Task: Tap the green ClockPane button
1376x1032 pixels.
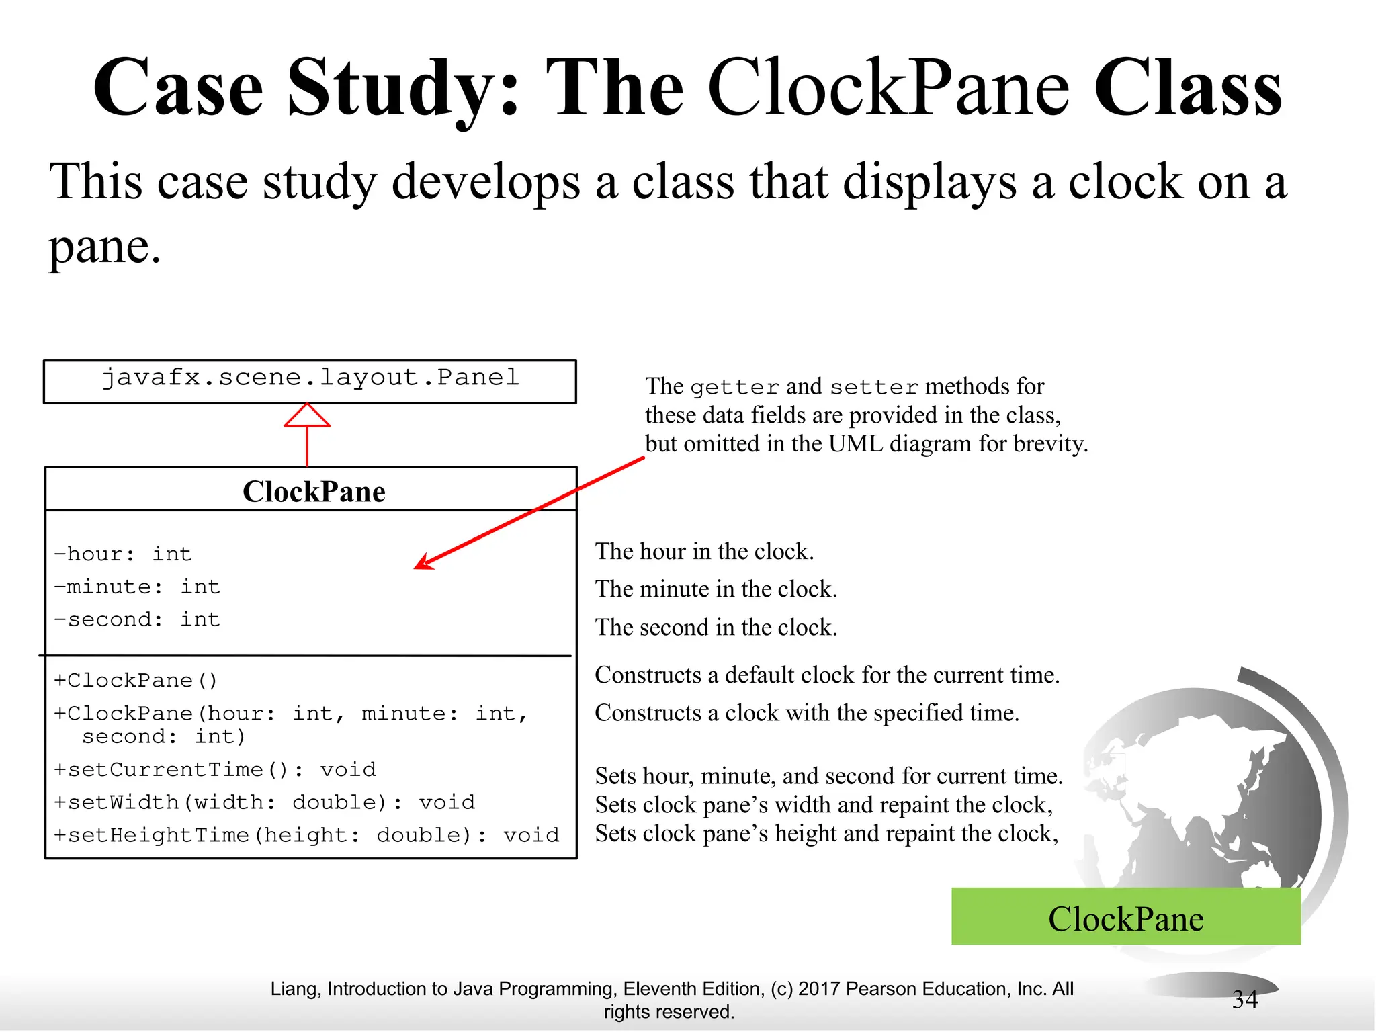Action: click(x=1125, y=917)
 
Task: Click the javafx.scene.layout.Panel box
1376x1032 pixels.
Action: click(x=310, y=381)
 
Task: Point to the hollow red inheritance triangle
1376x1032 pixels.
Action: click(x=307, y=416)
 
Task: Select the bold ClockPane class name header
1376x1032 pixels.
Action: click(x=314, y=492)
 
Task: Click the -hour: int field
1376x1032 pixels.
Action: click(x=123, y=554)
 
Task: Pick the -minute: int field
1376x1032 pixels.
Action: click(x=137, y=587)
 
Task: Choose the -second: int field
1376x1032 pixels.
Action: click(x=137, y=619)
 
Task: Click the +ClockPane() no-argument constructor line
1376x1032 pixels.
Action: click(x=136, y=681)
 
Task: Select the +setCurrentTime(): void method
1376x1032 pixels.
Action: click(x=215, y=770)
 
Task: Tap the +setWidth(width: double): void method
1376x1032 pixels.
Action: click(x=264, y=802)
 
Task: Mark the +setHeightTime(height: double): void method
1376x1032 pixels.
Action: click(x=306, y=835)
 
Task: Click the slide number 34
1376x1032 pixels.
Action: click(x=1244, y=1000)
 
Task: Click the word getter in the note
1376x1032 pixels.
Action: click(x=734, y=388)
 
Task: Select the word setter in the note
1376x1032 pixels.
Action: click(x=873, y=388)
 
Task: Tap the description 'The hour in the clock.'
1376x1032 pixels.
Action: click(x=704, y=552)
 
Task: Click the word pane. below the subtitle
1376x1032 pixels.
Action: click(x=105, y=247)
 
